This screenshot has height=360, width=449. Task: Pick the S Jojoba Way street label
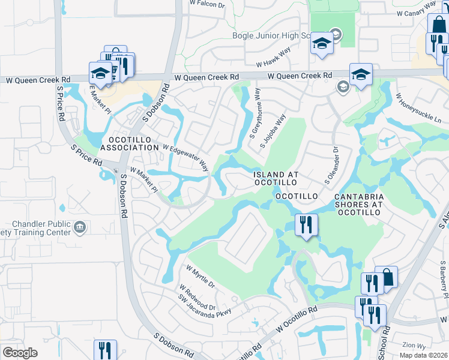click(272, 131)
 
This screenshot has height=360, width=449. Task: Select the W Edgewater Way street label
click(185, 157)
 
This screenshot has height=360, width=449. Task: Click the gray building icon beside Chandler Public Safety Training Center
click(80, 227)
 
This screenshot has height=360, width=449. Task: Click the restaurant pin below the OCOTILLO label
click(306, 225)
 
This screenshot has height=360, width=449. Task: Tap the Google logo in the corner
click(20, 353)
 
